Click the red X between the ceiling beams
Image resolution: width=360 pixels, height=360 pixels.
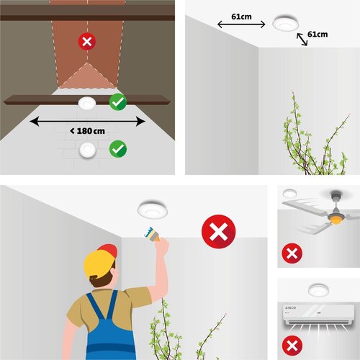(87, 41)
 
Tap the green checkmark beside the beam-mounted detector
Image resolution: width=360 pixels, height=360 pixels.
(118, 102)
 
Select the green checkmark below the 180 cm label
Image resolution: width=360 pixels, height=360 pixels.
(118, 149)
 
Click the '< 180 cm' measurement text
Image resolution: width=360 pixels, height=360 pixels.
(87, 131)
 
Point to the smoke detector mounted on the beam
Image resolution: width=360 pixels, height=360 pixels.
(87, 104)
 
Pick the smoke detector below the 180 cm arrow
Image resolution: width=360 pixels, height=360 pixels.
(88, 150)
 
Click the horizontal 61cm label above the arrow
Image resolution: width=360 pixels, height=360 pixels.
(241, 17)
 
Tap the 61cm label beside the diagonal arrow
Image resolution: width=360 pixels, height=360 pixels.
(318, 35)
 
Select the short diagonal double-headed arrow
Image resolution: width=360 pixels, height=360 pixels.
(302, 40)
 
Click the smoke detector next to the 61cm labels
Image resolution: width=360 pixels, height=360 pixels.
(285, 23)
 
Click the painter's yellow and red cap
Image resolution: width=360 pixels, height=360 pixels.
(100, 261)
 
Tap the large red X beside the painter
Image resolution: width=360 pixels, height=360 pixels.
(219, 232)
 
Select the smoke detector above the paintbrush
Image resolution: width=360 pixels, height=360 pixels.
(153, 210)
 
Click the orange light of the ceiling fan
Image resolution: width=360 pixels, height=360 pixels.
(336, 220)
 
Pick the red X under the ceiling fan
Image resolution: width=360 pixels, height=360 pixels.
(292, 253)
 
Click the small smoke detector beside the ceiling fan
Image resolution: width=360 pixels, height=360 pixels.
(289, 194)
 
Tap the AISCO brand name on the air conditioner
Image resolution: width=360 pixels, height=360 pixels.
(290, 307)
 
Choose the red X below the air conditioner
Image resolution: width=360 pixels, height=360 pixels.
(292, 346)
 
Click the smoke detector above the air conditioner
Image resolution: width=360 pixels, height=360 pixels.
(318, 290)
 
